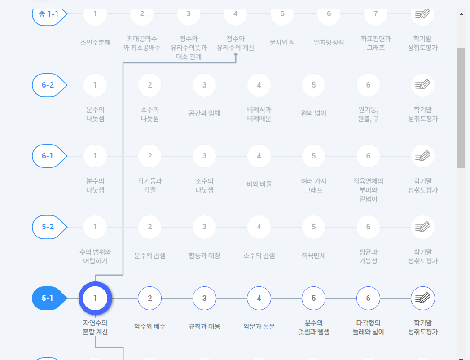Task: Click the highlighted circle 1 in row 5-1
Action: tap(95, 298)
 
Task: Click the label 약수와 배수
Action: tap(150, 326)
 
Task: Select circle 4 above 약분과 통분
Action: tap(259, 298)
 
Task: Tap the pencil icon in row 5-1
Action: tap(422, 298)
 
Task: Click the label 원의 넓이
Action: tap(314, 114)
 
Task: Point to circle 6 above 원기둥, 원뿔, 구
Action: tap(368, 85)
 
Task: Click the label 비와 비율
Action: tap(259, 184)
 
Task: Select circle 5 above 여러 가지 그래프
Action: tap(314, 156)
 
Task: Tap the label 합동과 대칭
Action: tap(204, 255)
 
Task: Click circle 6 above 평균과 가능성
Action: tap(368, 227)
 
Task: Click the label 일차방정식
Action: tap(329, 43)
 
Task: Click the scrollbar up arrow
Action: tap(461, 14)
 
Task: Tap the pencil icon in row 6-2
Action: tap(422, 85)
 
